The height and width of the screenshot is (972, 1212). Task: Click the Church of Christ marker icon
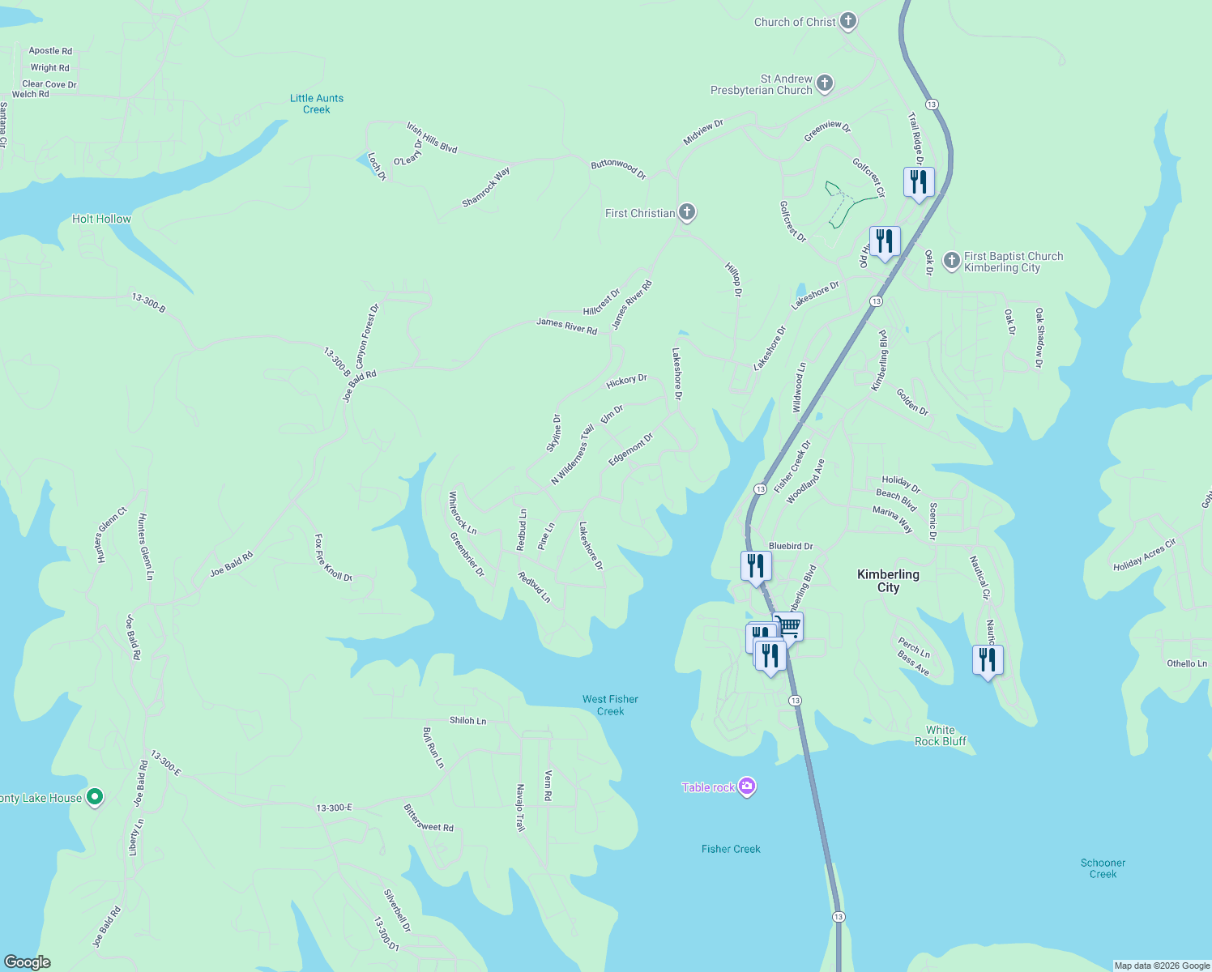848,22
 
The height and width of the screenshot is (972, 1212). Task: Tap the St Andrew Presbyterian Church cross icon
825,83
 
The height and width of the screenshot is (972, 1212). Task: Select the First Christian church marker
687,213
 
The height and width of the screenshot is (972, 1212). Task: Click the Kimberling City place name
888,581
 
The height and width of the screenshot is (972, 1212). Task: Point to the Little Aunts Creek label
317,104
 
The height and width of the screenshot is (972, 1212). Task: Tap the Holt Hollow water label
101,219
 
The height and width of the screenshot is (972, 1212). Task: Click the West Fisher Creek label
610,705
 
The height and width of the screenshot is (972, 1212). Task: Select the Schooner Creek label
1103,868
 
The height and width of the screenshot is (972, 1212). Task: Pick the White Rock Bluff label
940,735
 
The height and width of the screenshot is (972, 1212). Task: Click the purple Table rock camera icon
747,787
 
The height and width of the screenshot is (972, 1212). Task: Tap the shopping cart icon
788,626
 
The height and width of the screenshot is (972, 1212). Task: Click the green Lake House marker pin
95,798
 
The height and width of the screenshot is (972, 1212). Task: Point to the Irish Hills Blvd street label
432,138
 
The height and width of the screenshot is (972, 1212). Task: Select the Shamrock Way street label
486,187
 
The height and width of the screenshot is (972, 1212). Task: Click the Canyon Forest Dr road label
367,336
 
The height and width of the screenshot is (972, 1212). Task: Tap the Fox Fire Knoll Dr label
333,558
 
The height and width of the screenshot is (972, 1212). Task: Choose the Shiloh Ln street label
468,720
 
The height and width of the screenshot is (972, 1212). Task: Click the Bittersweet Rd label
429,819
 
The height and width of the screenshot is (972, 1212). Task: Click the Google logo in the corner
28,961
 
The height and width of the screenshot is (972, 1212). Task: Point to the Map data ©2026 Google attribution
1162,966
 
